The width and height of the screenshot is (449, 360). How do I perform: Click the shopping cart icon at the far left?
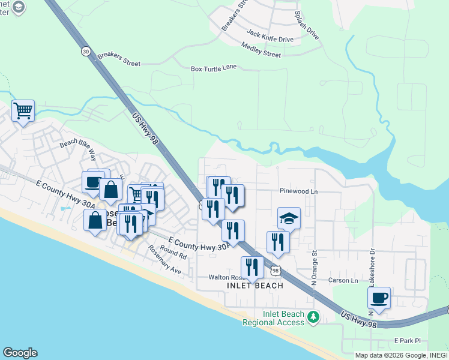pyautogui.click(x=23, y=110)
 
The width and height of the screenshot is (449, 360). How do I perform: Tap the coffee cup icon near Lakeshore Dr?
pyautogui.click(x=379, y=298)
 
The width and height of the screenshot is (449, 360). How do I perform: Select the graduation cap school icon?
pyautogui.click(x=289, y=218)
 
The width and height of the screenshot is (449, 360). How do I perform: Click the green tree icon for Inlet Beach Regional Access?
pyautogui.click(x=312, y=317)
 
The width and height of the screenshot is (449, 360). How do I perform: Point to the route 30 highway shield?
pyautogui.click(x=86, y=52)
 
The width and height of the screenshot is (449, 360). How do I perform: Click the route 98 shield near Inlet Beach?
pyautogui.click(x=276, y=271)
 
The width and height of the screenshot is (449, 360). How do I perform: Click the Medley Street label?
pyautogui.click(x=261, y=50)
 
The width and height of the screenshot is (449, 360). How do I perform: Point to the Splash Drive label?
pyautogui.click(x=306, y=25)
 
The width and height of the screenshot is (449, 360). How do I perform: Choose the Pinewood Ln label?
pyautogui.click(x=298, y=191)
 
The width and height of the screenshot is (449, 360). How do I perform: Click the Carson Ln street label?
pyautogui.click(x=343, y=280)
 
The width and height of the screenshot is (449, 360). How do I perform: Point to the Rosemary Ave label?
pyautogui.click(x=164, y=260)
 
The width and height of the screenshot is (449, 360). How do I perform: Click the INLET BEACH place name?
pyautogui.click(x=255, y=286)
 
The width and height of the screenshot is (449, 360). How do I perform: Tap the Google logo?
pyautogui.click(x=20, y=353)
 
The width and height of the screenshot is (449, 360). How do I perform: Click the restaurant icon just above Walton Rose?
pyautogui.click(x=252, y=268)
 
